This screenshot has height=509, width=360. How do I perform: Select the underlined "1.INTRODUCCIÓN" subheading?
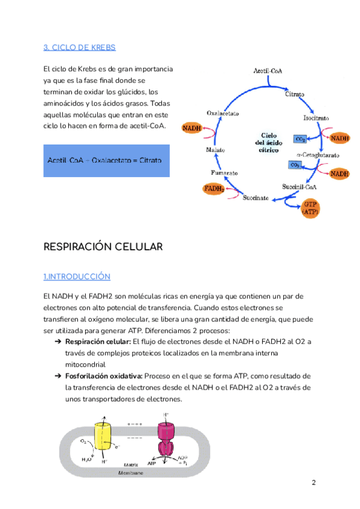tap(77, 276)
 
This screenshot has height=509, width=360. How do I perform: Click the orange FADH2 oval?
tap(214, 189)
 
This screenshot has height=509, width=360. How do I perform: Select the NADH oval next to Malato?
tap(191, 128)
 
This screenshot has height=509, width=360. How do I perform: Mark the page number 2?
tap(313, 483)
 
